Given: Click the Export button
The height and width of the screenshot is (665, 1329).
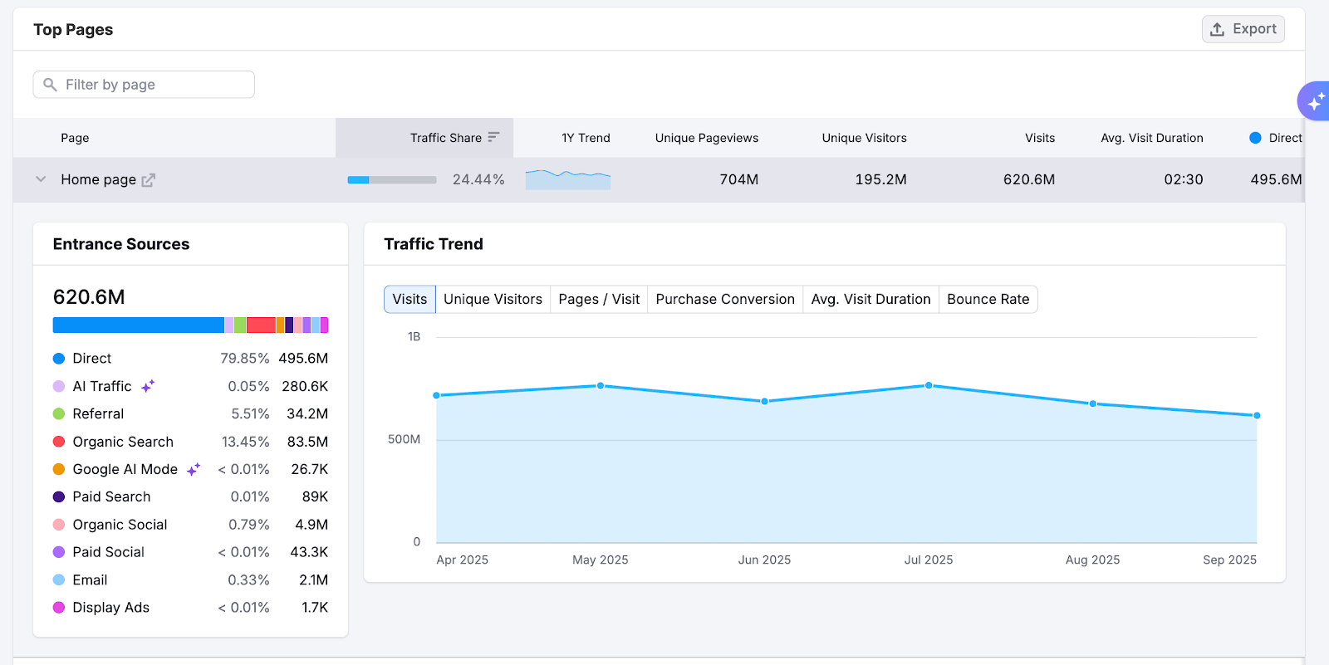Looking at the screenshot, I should (x=1243, y=29).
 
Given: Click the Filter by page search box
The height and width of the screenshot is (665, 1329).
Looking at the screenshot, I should (x=144, y=85).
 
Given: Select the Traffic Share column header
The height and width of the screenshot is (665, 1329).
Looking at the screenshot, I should (x=446, y=138).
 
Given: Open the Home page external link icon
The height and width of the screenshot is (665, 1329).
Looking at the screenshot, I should (x=149, y=180).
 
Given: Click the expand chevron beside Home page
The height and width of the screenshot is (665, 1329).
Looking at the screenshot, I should (x=41, y=179).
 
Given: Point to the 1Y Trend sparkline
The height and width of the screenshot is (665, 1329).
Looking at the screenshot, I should (x=568, y=178).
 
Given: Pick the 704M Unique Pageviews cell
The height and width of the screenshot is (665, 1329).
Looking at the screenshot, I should (x=738, y=179).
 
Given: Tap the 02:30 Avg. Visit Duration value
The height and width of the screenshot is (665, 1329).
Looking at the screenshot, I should (x=1183, y=179).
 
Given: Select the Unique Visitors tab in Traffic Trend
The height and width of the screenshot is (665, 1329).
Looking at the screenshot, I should (x=493, y=299).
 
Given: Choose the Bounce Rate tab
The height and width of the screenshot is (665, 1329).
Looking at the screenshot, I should (x=988, y=299).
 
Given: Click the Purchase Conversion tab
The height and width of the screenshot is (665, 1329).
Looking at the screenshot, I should (x=725, y=299).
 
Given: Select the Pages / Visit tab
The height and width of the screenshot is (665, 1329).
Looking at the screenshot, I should (x=599, y=299).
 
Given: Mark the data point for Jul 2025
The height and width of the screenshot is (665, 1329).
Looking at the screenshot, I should (x=929, y=385).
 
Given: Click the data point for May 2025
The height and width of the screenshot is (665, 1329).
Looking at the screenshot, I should (x=601, y=386).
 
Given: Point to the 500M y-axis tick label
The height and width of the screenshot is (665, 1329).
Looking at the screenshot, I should (x=404, y=439).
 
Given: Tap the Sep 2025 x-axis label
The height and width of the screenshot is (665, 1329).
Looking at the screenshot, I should (x=1229, y=560).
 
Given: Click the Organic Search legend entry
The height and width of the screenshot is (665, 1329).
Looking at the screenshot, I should (x=123, y=442).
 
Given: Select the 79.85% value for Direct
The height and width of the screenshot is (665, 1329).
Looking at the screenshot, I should (x=244, y=359).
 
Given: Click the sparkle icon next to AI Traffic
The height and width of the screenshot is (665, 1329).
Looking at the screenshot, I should (x=148, y=386).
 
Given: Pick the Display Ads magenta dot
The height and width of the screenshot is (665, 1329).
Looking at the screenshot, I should (x=59, y=608).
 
